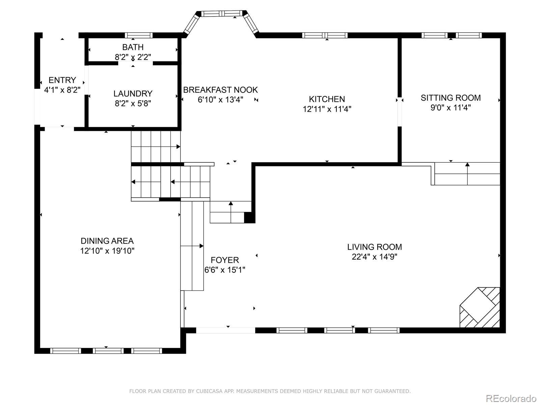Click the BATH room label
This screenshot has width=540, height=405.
(x=133, y=47)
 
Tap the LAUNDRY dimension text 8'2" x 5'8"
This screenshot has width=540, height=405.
(x=133, y=104)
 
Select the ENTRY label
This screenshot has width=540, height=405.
(x=62, y=80)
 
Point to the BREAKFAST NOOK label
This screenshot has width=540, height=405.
(x=220, y=90)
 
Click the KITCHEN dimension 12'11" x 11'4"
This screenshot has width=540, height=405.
(x=327, y=109)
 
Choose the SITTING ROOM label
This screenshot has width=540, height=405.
(x=451, y=98)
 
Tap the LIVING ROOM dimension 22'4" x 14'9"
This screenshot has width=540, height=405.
(x=374, y=257)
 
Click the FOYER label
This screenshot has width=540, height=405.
(x=225, y=260)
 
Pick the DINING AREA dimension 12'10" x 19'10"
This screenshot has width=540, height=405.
(x=107, y=251)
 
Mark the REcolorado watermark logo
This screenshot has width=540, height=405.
(x=511, y=398)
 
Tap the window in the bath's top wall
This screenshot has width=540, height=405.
(x=138, y=35)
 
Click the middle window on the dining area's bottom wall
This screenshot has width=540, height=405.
(x=108, y=351)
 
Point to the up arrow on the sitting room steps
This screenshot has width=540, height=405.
(x=467, y=173)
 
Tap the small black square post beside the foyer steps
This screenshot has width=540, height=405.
(x=249, y=217)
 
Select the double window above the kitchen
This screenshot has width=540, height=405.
(x=325, y=35)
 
